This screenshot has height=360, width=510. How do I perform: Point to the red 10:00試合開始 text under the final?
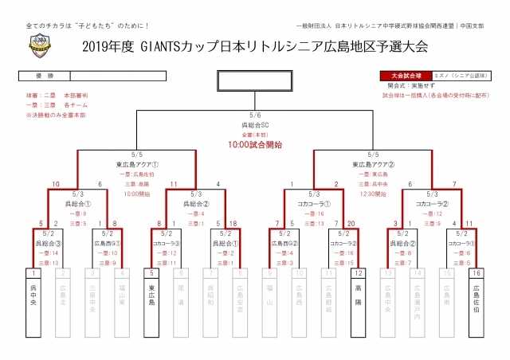(256, 145)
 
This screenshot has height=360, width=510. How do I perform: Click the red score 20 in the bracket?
(351, 224)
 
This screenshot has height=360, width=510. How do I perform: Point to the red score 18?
(234, 224)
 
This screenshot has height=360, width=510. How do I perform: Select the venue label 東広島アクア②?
(373, 164)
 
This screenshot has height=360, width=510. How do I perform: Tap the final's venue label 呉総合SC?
(256, 125)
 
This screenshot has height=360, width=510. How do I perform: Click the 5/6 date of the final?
(256, 115)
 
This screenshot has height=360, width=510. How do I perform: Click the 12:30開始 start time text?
(373, 192)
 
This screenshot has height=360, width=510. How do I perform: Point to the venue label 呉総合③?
(47, 242)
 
